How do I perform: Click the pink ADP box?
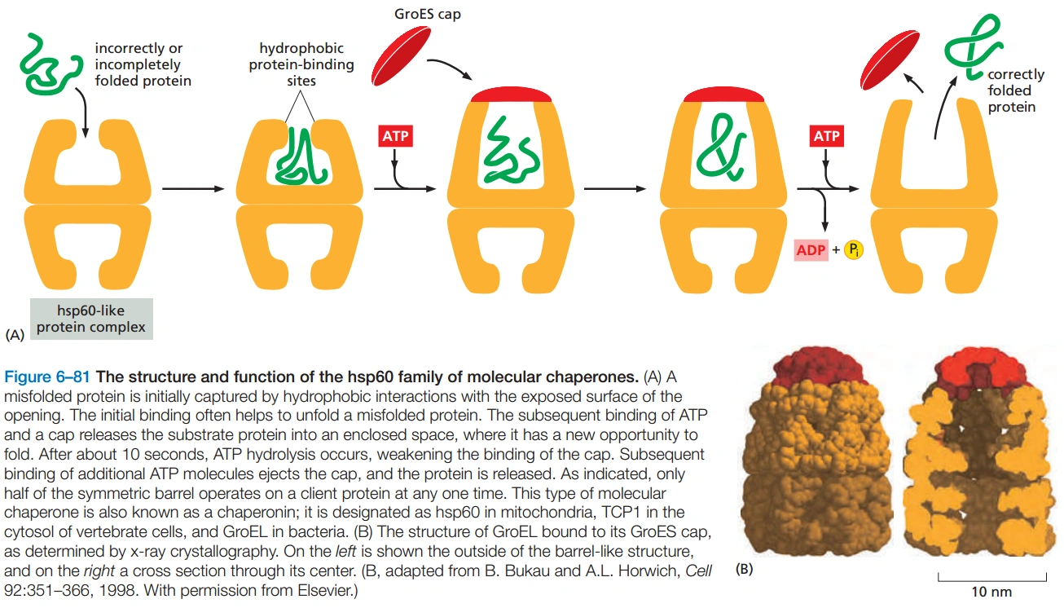(x=811, y=250)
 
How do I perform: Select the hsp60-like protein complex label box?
(x=90, y=319)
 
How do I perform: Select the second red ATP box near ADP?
(x=826, y=135)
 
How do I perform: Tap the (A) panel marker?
(x=15, y=334)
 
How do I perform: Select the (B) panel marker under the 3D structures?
(x=744, y=568)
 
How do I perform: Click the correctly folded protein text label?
(x=1015, y=90)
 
